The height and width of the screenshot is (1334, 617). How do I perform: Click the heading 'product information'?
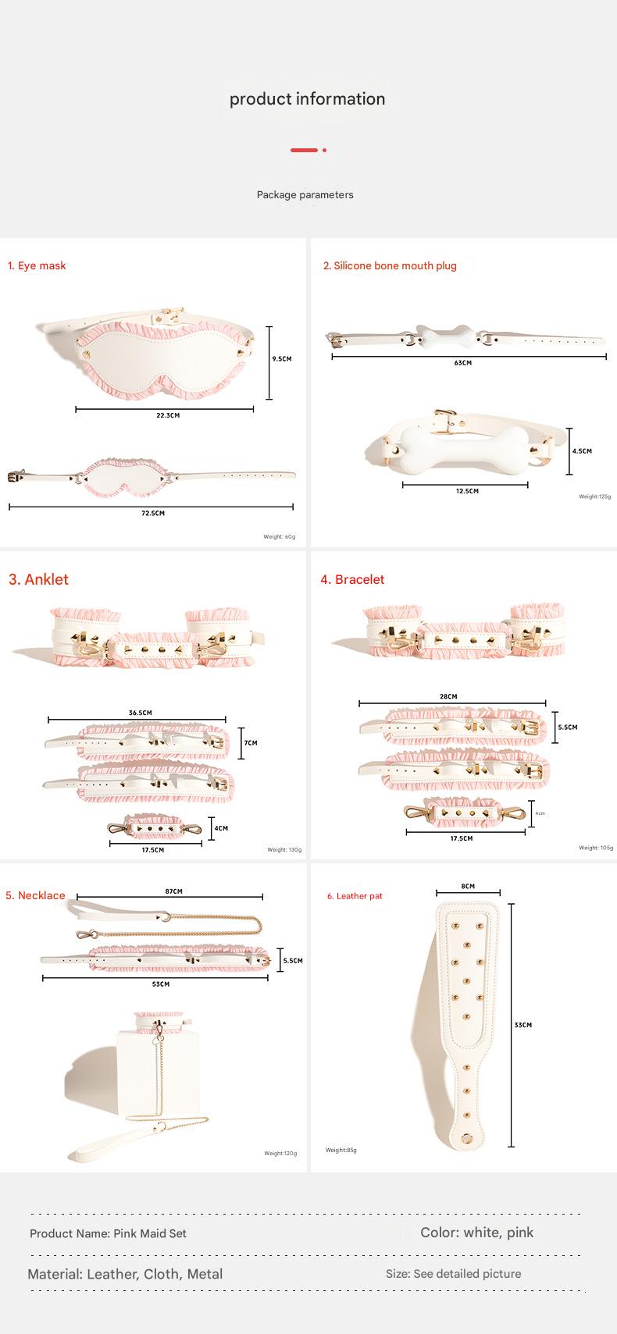[307, 99]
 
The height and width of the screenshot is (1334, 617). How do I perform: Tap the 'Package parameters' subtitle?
[305, 195]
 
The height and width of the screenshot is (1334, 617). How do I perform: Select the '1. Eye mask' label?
[37, 265]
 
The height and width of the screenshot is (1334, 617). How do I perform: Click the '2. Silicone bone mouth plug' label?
[390, 265]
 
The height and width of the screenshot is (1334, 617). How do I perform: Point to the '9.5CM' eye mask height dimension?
[281, 359]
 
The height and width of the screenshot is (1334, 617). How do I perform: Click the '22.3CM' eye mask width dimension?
[167, 415]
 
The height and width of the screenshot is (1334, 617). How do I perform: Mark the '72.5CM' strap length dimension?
[153, 513]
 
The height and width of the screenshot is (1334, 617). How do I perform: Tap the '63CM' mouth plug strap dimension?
[463, 363]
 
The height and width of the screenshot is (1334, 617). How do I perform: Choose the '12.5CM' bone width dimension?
[466, 491]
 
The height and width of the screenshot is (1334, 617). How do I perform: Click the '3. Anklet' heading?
[38, 579]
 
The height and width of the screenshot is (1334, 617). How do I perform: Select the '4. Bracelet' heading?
[352, 579]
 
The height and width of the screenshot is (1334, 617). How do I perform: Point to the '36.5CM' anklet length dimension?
[140, 713]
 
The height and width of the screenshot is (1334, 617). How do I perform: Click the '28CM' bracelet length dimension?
[448, 696]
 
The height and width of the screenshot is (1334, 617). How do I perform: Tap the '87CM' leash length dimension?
[173, 891]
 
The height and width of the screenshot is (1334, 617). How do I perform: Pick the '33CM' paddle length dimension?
[522, 1025]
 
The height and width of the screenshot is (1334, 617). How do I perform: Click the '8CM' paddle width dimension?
[468, 887]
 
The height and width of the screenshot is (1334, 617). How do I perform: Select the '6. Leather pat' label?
[355, 896]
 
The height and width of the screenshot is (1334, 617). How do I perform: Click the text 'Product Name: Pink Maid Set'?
[108, 1233]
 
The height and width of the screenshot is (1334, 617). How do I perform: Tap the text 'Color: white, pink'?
[476, 1233]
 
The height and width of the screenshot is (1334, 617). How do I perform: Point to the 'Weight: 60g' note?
[279, 537]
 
